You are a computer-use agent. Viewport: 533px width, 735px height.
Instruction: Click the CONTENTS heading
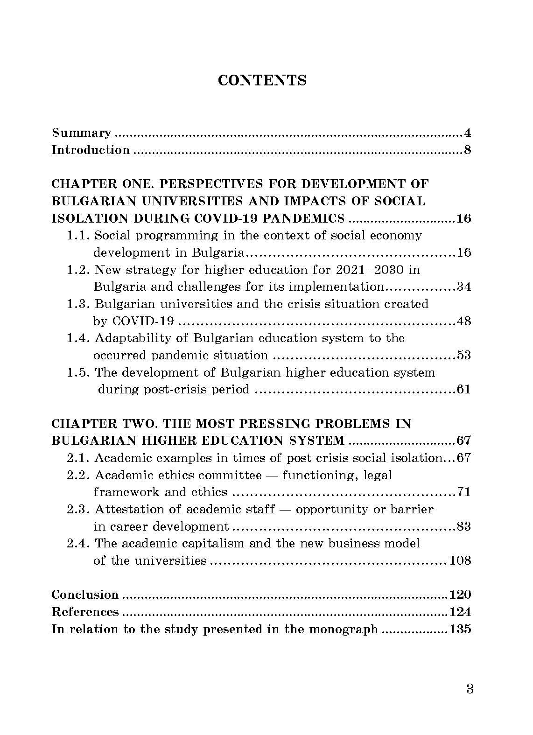coord(262,80)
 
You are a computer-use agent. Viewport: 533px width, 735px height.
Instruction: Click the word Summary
coord(81,133)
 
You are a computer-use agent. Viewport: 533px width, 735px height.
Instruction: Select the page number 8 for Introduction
coord(467,150)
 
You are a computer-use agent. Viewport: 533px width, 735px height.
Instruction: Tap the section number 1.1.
coord(78,236)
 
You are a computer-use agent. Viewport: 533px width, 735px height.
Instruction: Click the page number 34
coord(463,287)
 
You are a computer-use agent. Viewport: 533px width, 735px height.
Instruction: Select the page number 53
coord(463,356)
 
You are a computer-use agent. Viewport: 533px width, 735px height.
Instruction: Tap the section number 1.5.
coord(78,372)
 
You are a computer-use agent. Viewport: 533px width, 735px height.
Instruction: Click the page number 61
coord(463,390)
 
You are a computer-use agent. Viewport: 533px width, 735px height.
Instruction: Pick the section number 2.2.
coord(78,475)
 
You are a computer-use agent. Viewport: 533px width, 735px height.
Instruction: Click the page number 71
coord(463,492)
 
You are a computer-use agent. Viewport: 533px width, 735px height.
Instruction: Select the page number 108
coord(460,560)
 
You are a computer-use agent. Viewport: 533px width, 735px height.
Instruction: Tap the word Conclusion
coord(85,595)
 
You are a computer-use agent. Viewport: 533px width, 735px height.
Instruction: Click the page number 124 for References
coord(460,612)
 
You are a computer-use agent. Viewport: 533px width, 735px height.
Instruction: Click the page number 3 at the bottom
coord(470,689)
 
